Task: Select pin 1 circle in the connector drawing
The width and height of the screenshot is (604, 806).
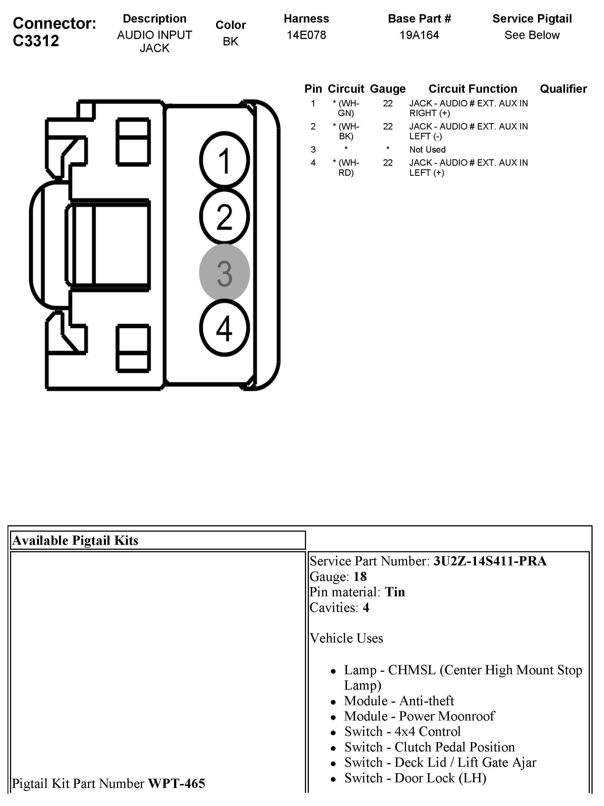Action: (x=224, y=160)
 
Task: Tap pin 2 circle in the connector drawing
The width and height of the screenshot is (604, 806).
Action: (x=224, y=216)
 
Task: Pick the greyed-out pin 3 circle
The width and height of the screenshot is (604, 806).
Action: (x=224, y=273)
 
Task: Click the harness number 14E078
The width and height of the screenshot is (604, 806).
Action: (x=306, y=35)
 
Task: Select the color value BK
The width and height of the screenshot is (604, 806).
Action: (x=230, y=41)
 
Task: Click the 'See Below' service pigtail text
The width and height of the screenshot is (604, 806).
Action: (x=532, y=35)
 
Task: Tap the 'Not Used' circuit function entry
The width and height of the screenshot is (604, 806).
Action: (x=427, y=149)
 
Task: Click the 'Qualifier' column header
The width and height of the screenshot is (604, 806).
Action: (x=563, y=89)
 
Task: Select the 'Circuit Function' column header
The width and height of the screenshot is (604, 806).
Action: (x=473, y=89)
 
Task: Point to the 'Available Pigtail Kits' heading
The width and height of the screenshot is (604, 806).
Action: (x=75, y=540)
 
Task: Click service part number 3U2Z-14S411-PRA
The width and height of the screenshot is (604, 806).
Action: (x=490, y=561)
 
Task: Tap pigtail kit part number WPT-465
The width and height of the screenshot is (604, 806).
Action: (x=176, y=783)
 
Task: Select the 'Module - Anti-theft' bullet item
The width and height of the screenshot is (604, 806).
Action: (x=399, y=701)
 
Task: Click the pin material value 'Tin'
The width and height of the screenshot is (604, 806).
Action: (x=395, y=592)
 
